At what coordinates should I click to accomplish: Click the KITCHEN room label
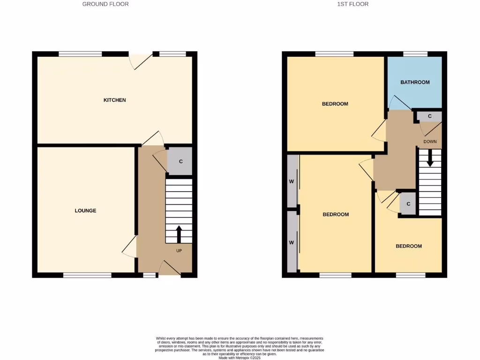pyautogui.click(x=114, y=100)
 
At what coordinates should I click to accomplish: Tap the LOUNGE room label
pyautogui.click(x=85, y=210)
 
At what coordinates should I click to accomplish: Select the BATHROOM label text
pyautogui.click(x=415, y=82)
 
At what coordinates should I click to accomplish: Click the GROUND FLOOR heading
pyautogui.click(x=105, y=4)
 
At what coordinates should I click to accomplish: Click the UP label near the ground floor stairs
pyautogui.click(x=179, y=251)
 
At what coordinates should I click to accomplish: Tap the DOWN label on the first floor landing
pyautogui.click(x=430, y=141)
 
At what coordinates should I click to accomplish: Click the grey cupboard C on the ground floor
pyautogui.click(x=180, y=161)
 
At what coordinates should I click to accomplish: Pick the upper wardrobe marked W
pyautogui.click(x=292, y=181)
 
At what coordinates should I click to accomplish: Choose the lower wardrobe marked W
pyautogui.click(x=292, y=242)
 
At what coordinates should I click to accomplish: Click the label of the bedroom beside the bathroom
pyautogui.click(x=335, y=104)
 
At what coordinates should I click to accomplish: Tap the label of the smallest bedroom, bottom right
pyautogui.click(x=408, y=246)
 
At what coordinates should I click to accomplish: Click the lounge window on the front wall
pyautogui.click(x=87, y=275)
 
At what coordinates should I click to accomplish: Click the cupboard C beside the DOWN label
pyautogui.click(x=429, y=116)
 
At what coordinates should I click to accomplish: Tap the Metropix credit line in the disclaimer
pyautogui.click(x=239, y=358)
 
